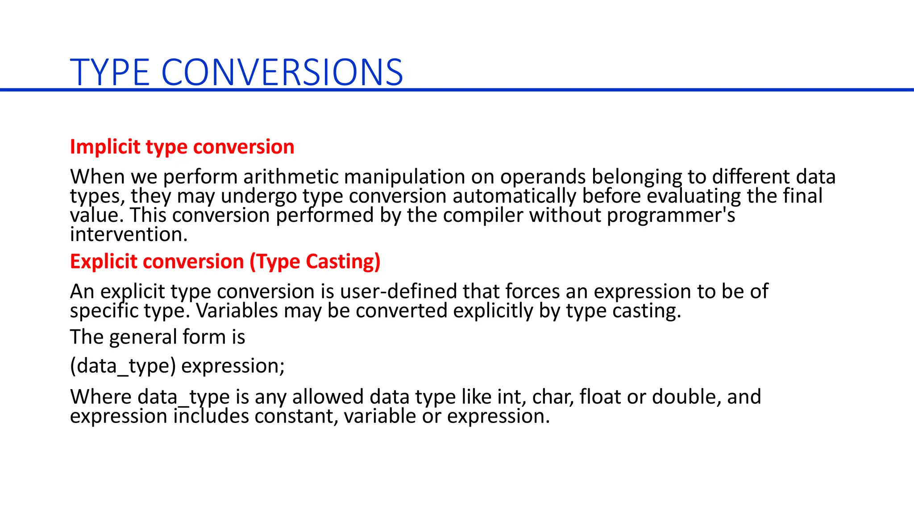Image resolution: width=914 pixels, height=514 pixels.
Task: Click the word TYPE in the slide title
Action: tap(110, 72)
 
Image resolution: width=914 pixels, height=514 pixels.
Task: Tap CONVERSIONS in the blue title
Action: tap(282, 72)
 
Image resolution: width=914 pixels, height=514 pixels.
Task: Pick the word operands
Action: tap(543, 177)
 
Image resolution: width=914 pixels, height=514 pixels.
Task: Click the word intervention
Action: tap(129, 235)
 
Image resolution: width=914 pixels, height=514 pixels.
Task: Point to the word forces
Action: tap(533, 291)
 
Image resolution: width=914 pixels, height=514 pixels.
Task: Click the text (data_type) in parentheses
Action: tap(123, 366)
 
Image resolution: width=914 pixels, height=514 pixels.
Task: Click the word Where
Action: tap(101, 397)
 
